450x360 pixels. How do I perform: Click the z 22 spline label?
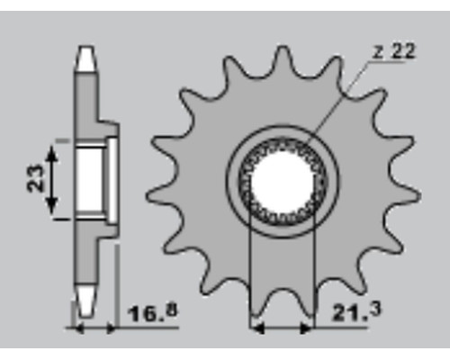click(x=394, y=51)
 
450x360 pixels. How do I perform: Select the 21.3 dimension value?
click(x=355, y=311)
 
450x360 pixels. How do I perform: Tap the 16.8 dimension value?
click(x=152, y=313)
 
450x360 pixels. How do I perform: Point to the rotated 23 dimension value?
click(x=35, y=178)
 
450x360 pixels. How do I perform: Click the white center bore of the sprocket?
click(x=283, y=182)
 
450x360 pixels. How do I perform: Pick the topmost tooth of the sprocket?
click(x=282, y=58)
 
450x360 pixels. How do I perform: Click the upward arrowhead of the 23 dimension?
click(x=52, y=154)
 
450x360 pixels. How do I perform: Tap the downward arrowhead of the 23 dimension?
click(x=52, y=206)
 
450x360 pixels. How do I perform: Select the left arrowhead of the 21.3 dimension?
click(x=256, y=328)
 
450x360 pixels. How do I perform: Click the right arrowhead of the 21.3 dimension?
click(x=307, y=328)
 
